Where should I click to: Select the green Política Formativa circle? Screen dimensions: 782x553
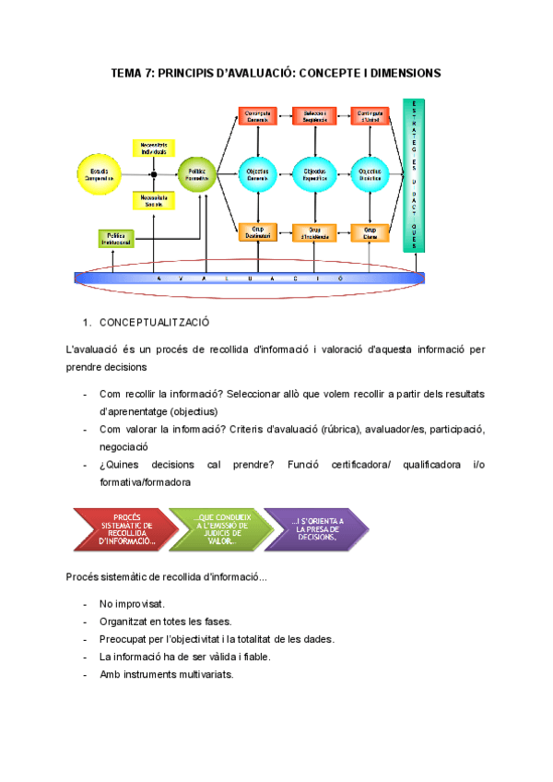pyautogui.click(x=196, y=172)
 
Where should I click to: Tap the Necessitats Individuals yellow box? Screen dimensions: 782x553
pyautogui.click(x=154, y=148)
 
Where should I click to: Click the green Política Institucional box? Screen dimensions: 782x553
pyautogui.click(x=116, y=238)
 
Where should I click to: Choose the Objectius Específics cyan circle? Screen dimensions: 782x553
pyautogui.click(x=312, y=172)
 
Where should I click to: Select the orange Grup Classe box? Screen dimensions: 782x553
pyautogui.click(x=370, y=232)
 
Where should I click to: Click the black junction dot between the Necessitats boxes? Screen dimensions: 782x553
pyautogui.click(x=154, y=173)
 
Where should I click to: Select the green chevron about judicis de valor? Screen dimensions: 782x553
pyautogui.click(x=220, y=529)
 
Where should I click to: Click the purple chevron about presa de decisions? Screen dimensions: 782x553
pyautogui.click(x=316, y=529)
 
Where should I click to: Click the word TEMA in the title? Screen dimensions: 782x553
pyautogui.click(x=126, y=72)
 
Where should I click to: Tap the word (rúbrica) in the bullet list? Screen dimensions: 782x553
pyautogui.click(x=346, y=430)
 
